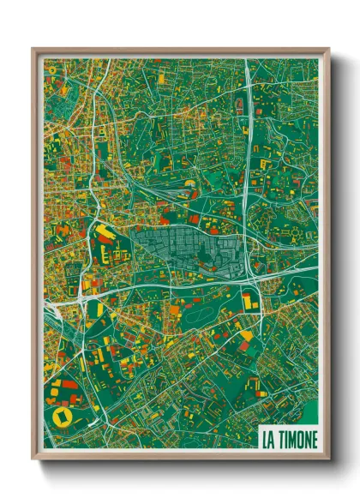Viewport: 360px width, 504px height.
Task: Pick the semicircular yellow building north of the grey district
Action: pyautogui.click(x=189, y=183)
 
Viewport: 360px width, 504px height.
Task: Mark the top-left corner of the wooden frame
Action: pyautogui.click(x=33, y=50)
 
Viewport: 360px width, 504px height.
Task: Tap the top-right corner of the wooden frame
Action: pyautogui.click(x=329, y=50)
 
